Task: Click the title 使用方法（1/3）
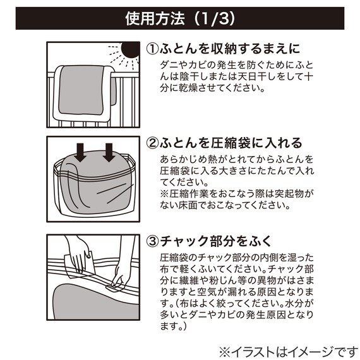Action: click(179, 18)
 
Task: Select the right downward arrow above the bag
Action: click(109, 151)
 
